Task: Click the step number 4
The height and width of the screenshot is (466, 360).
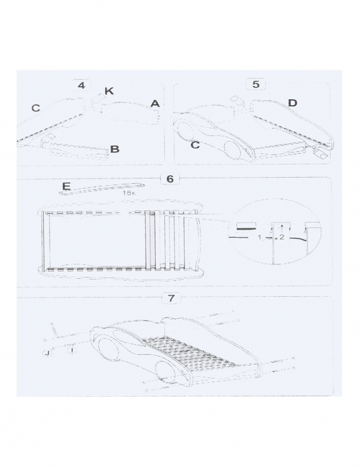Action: tap(81, 85)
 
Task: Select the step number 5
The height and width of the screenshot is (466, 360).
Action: tap(257, 84)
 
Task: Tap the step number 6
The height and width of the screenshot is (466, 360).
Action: tap(171, 178)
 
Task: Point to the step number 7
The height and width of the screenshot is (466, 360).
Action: tap(172, 298)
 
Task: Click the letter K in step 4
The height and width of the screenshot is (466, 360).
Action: tap(108, 91)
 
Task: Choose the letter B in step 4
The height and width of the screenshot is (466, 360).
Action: tap(114, 150)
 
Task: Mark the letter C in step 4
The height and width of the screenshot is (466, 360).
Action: tap(35, 107)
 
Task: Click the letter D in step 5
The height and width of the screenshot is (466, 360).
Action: tap(292, 103)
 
